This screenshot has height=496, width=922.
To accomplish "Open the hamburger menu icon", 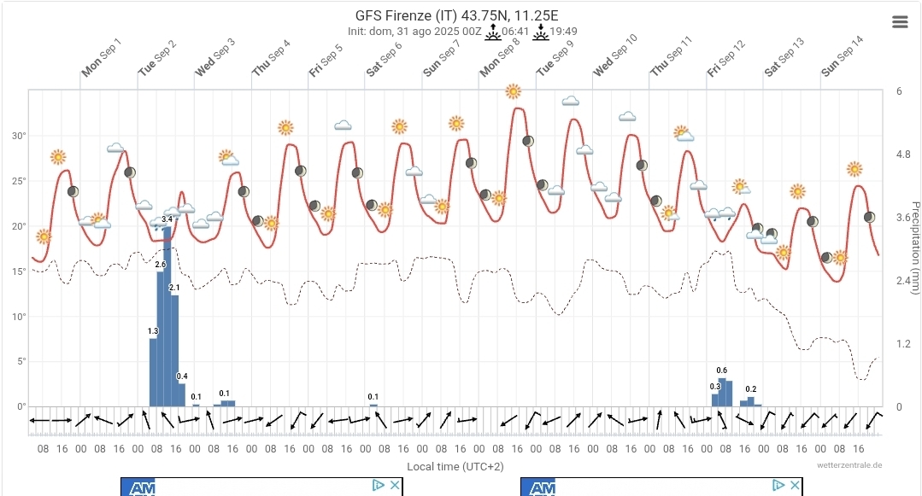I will click(x=900, y=22).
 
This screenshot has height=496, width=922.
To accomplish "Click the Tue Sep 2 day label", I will click(x=157, y=57).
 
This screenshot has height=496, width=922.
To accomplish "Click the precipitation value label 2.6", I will click(x=161, y=265).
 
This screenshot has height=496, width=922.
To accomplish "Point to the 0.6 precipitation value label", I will click(x=722, y=370).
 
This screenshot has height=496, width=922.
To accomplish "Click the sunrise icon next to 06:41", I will click(x=492, y=32).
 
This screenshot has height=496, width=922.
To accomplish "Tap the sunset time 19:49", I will click(x=564, y=32).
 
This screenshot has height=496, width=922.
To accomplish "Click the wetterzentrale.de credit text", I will click(x=849, y=465).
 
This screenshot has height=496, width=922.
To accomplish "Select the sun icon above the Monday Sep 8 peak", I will click(x=513, y=91).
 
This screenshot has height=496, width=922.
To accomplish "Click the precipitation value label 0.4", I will click(x=182, y=376).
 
